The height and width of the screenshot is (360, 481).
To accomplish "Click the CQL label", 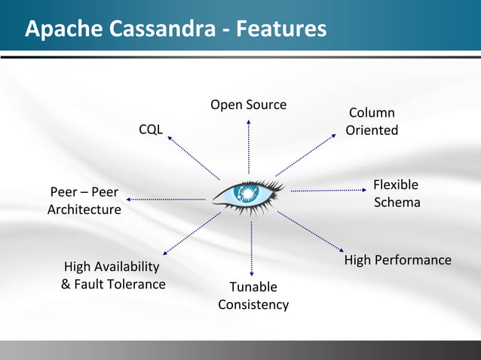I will point(150,130).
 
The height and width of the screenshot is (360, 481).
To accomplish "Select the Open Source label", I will point(248,105).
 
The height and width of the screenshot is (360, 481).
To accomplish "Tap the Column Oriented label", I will point(372,122).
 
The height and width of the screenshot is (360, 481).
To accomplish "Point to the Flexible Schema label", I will point(397,194).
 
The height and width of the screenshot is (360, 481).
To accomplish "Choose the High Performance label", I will point(397,260).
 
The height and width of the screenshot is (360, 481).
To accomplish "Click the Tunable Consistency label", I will point(253,296).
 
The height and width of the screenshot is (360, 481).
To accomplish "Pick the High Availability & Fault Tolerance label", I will point(112,276).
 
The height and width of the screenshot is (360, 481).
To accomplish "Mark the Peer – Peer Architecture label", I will point(84,201).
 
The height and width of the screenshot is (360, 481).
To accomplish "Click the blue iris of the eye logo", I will point(247,194).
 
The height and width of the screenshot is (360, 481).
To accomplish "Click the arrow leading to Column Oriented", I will point(306,154).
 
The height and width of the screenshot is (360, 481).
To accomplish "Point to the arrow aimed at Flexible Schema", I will point(329,190).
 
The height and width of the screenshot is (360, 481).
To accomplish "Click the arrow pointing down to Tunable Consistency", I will point(252,249).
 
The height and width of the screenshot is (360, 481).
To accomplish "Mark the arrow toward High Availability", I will point(191,233).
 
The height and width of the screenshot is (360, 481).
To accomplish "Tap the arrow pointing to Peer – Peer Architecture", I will point(166,199).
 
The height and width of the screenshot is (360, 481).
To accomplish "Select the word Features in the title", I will point(281,29).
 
